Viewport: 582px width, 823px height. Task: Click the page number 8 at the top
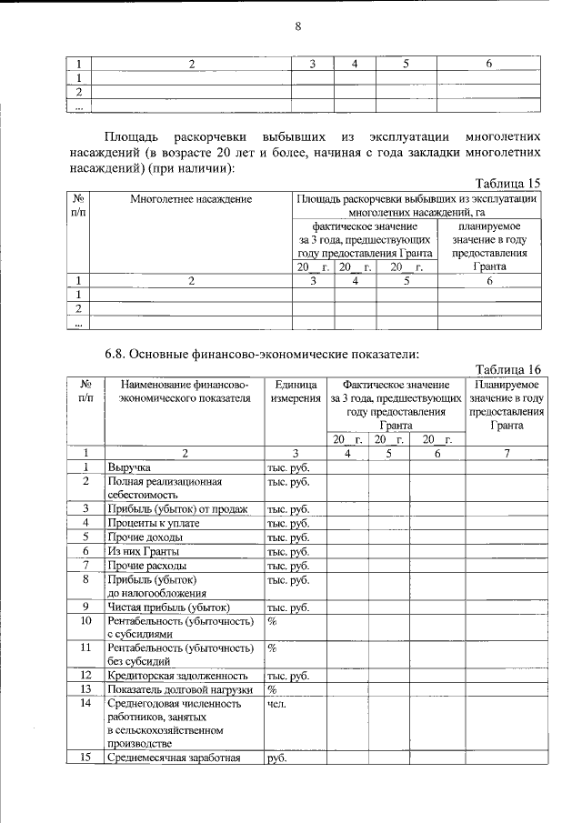(x=296, y=26)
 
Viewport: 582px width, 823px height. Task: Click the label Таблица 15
(x=509, y=182)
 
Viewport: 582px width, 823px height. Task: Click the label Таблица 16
(x=509, y=369)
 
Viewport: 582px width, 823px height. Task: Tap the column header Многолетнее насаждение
(x=190, y=198)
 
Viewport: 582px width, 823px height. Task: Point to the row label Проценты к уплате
(x=153, y=523)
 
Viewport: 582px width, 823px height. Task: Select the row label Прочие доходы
(x=141, y=537)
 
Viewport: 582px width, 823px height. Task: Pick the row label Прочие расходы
(x=143, y=566)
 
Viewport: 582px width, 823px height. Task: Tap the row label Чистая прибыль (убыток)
(x=168, y=607)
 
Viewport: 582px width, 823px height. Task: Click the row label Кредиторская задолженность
(x=177, y=676)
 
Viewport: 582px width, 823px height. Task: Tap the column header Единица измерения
(x=294, y=392)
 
